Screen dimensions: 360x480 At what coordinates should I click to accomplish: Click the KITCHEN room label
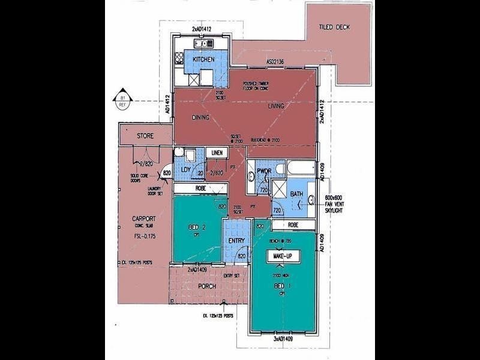(x=203, y=59)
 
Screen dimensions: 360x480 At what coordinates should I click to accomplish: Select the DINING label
(x=200, y=118)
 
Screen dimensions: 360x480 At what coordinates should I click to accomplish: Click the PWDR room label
(x=264, y=172)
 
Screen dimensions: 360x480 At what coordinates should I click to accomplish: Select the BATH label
(x=296, y=194)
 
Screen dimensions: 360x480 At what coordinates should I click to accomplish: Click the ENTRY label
(x=236, y=241)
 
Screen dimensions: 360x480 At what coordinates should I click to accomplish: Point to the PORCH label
(x=206, y=286)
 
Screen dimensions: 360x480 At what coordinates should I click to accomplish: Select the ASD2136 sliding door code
(x=279, y=61)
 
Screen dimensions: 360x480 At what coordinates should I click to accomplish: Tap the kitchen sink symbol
(x=204, y=43)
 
